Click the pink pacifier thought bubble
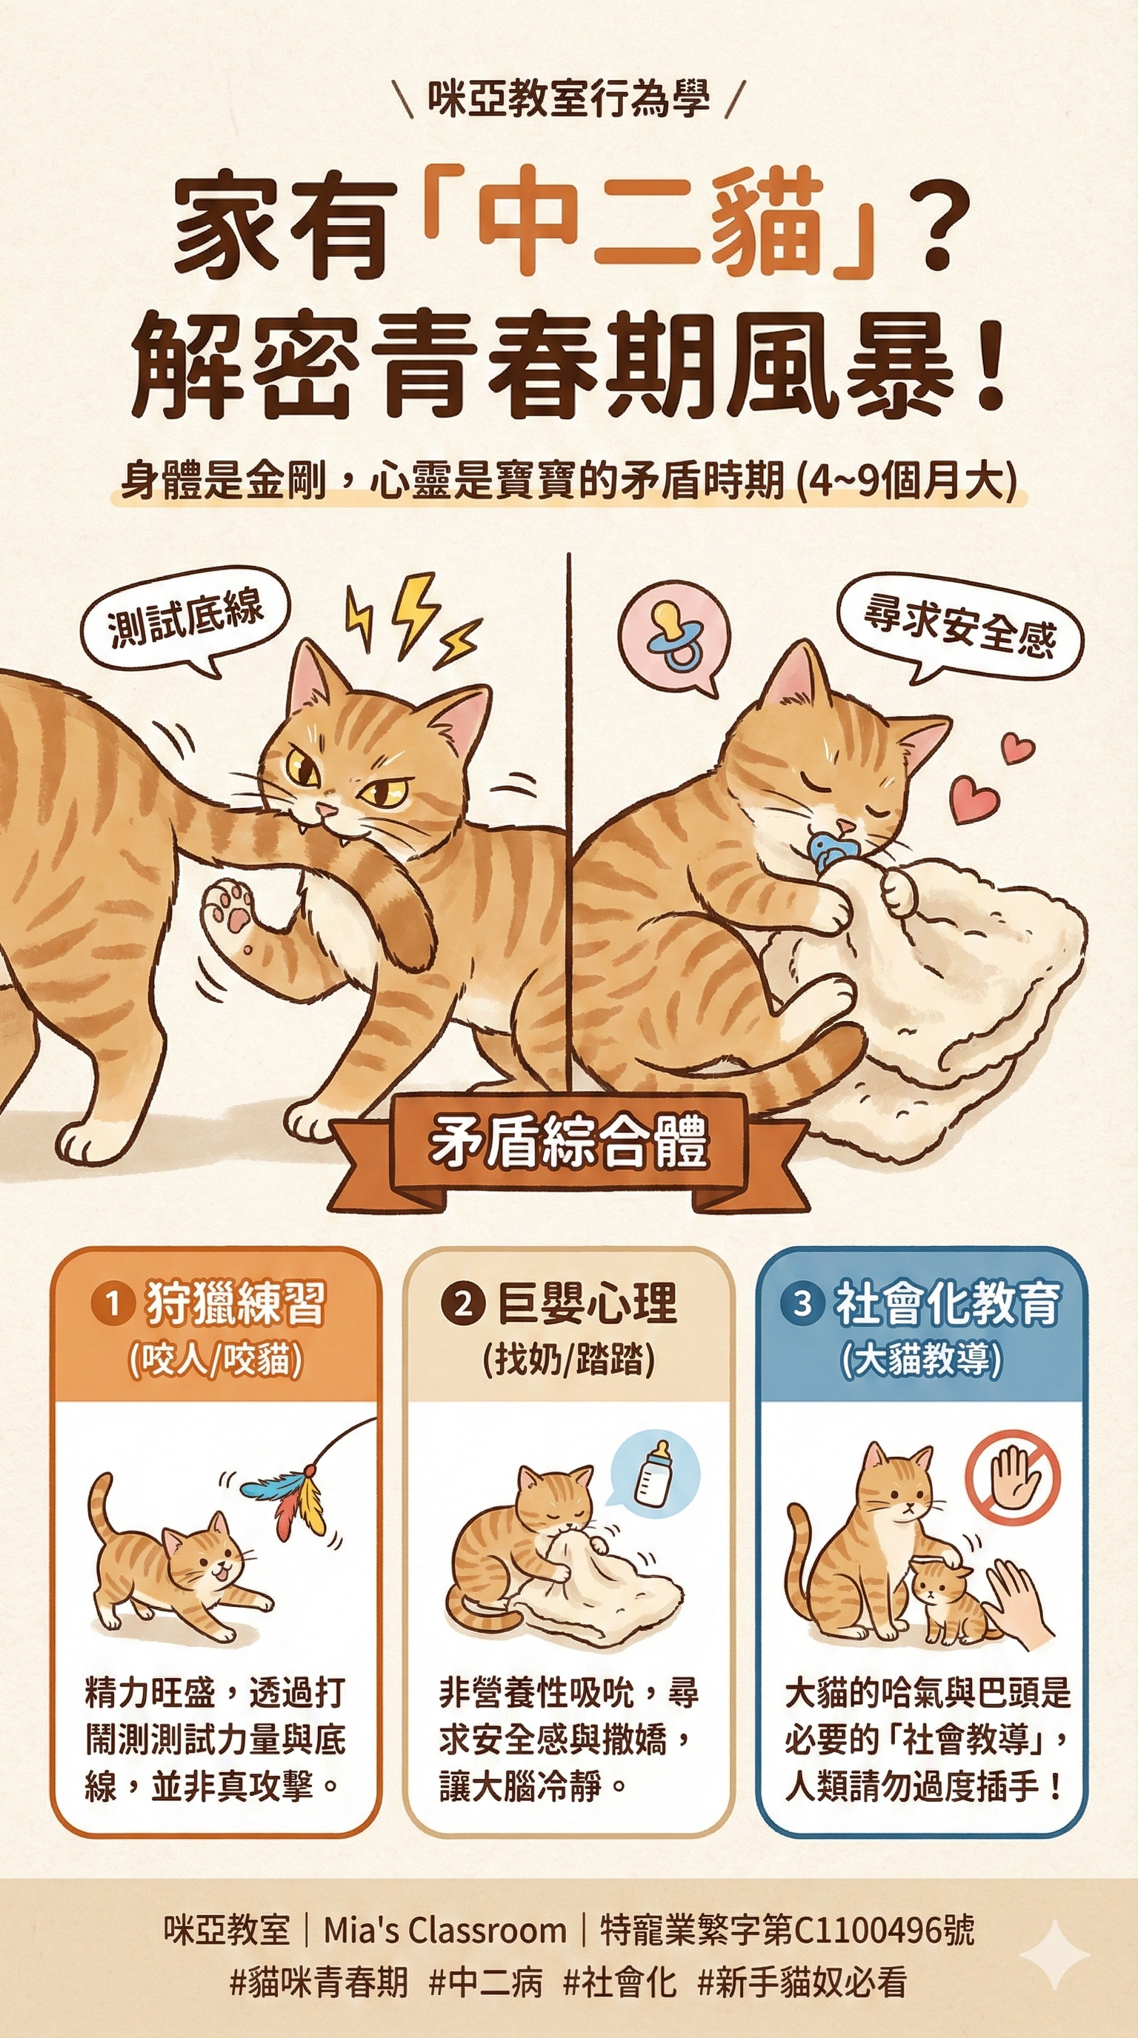tap(674, 638)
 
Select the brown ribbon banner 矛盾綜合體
tap(569, 1150)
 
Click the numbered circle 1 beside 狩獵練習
tap(113, 1303)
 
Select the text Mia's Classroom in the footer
tap(445, 1931)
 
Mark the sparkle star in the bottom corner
tap(1054, 1954)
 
